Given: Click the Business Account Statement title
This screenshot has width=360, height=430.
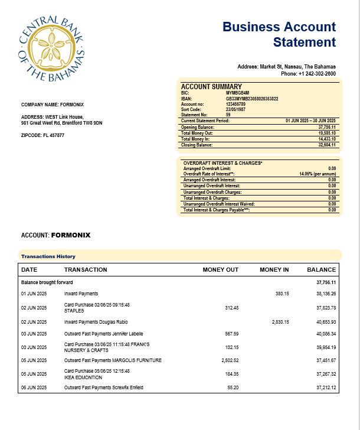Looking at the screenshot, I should click(x=279, y=34).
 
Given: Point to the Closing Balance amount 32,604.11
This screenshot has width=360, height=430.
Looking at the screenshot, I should click(x=326, y=145).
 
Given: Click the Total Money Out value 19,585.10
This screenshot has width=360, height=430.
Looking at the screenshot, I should click(x=326, y=133).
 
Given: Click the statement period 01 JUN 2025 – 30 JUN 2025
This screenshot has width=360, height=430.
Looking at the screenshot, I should click(x=310, y=120).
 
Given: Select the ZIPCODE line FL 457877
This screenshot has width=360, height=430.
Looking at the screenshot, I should click(x=42, y=135).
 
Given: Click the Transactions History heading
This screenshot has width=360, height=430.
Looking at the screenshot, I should click(x=48, y=256).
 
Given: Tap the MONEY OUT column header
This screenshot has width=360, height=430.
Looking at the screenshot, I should click(x=220, y=270).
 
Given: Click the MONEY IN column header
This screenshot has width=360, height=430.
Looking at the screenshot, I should click(x=274, y=270).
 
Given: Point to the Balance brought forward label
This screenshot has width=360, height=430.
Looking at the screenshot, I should click(x=47, y=283).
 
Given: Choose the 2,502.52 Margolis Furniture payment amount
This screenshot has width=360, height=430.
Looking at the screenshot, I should click(x=227, y=360).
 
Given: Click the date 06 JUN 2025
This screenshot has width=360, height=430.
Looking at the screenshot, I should click(x=34, y=387).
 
